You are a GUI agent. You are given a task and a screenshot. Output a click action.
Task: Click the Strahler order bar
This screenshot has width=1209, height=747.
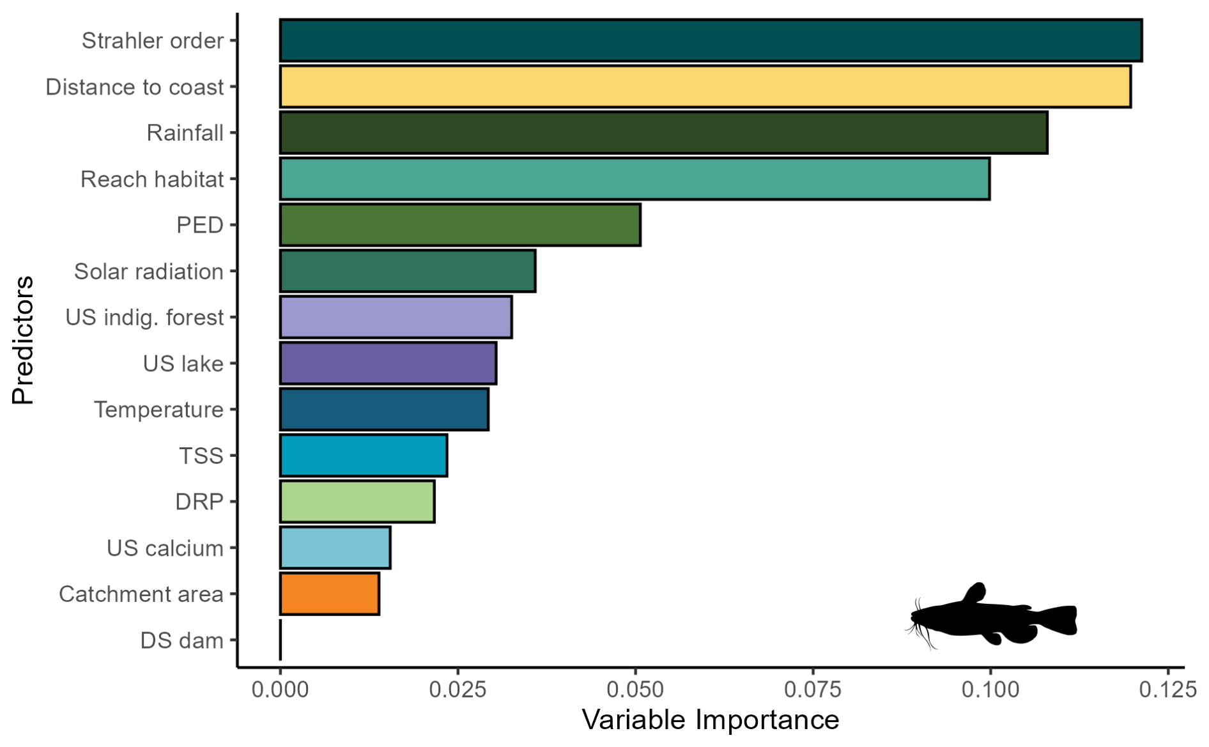tap(711, 41)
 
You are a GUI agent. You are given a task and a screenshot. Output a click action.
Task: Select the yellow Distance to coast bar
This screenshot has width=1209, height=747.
tap(705, 87)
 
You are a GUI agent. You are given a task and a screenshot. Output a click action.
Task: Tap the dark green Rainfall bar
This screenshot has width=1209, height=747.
tap(663, 133)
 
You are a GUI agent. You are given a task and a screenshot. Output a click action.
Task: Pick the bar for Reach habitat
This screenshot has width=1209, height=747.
tap(635, 179)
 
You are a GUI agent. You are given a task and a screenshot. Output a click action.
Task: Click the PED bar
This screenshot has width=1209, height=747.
tap(460, 225)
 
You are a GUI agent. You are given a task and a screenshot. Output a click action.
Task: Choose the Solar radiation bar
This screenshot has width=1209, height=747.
tap(408, 271)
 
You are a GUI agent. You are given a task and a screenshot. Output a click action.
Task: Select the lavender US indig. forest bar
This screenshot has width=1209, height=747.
tap(396, 317)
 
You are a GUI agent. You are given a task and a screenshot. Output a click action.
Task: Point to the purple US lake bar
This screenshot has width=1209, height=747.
tap(388, 364)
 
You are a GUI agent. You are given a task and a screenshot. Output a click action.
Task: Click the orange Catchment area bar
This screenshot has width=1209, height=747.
tap(330, 594)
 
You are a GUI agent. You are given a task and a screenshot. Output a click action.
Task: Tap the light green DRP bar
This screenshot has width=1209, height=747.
tap(357, 502)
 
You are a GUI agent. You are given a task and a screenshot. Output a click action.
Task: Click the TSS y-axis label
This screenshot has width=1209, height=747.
tap(201, 456)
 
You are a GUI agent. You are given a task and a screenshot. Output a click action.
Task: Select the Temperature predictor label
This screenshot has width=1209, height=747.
tap(158, 410)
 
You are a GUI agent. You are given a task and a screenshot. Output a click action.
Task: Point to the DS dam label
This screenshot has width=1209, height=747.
tap(181, 640)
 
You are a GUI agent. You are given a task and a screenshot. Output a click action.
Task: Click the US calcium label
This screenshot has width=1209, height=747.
tap(165, 548)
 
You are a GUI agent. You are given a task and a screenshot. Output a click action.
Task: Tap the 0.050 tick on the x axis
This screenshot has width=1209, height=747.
tap(635, 690)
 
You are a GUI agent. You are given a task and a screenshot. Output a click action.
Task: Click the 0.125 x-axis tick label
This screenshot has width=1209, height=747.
tap(1167, 690)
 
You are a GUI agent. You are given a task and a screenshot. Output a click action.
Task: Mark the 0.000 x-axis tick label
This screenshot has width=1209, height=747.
tap(280, 690)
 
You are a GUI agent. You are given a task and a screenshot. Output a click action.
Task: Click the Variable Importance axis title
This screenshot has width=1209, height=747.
tap(710, 720)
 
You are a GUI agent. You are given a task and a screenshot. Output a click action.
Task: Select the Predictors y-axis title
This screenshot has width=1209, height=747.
tap(23, 340)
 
